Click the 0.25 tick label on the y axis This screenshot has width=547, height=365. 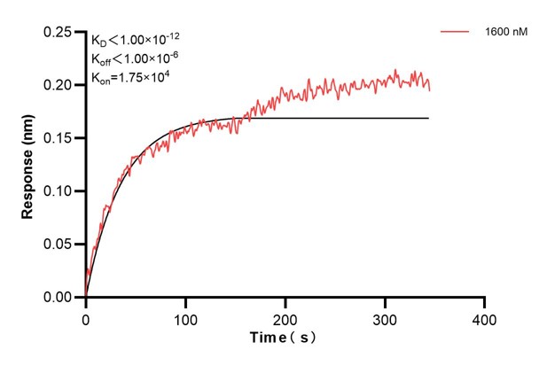point(60,32)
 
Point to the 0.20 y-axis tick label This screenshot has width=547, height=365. point(60,85)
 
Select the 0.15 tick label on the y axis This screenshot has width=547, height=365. point(60,138)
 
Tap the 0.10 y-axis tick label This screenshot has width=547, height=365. point(60,191)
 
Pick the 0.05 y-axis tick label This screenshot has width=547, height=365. point(60,245)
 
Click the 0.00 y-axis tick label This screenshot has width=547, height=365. point(60,298)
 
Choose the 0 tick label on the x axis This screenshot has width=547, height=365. point(86,317)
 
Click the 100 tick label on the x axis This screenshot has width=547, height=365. point(185,317)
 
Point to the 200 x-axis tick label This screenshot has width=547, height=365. point(285,317)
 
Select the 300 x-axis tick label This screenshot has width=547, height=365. point(385,317)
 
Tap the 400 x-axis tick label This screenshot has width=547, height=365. point(484,317)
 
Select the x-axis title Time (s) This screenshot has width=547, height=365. point(283,338)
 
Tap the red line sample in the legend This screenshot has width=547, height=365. point(456,33)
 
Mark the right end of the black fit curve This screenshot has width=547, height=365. point(428,118)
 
